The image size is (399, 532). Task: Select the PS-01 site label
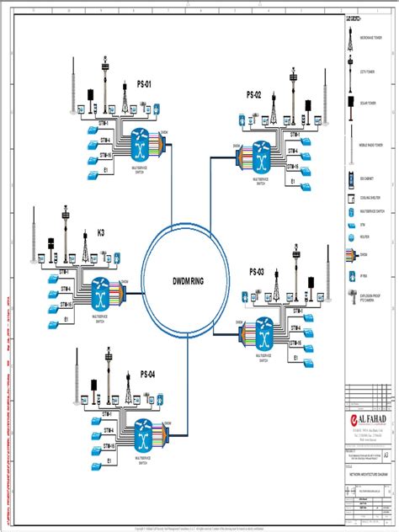click(x=144, y=85)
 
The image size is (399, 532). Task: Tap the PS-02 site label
click(x=254, y=94)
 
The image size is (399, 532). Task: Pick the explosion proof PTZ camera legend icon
click(x=351, y=297)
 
